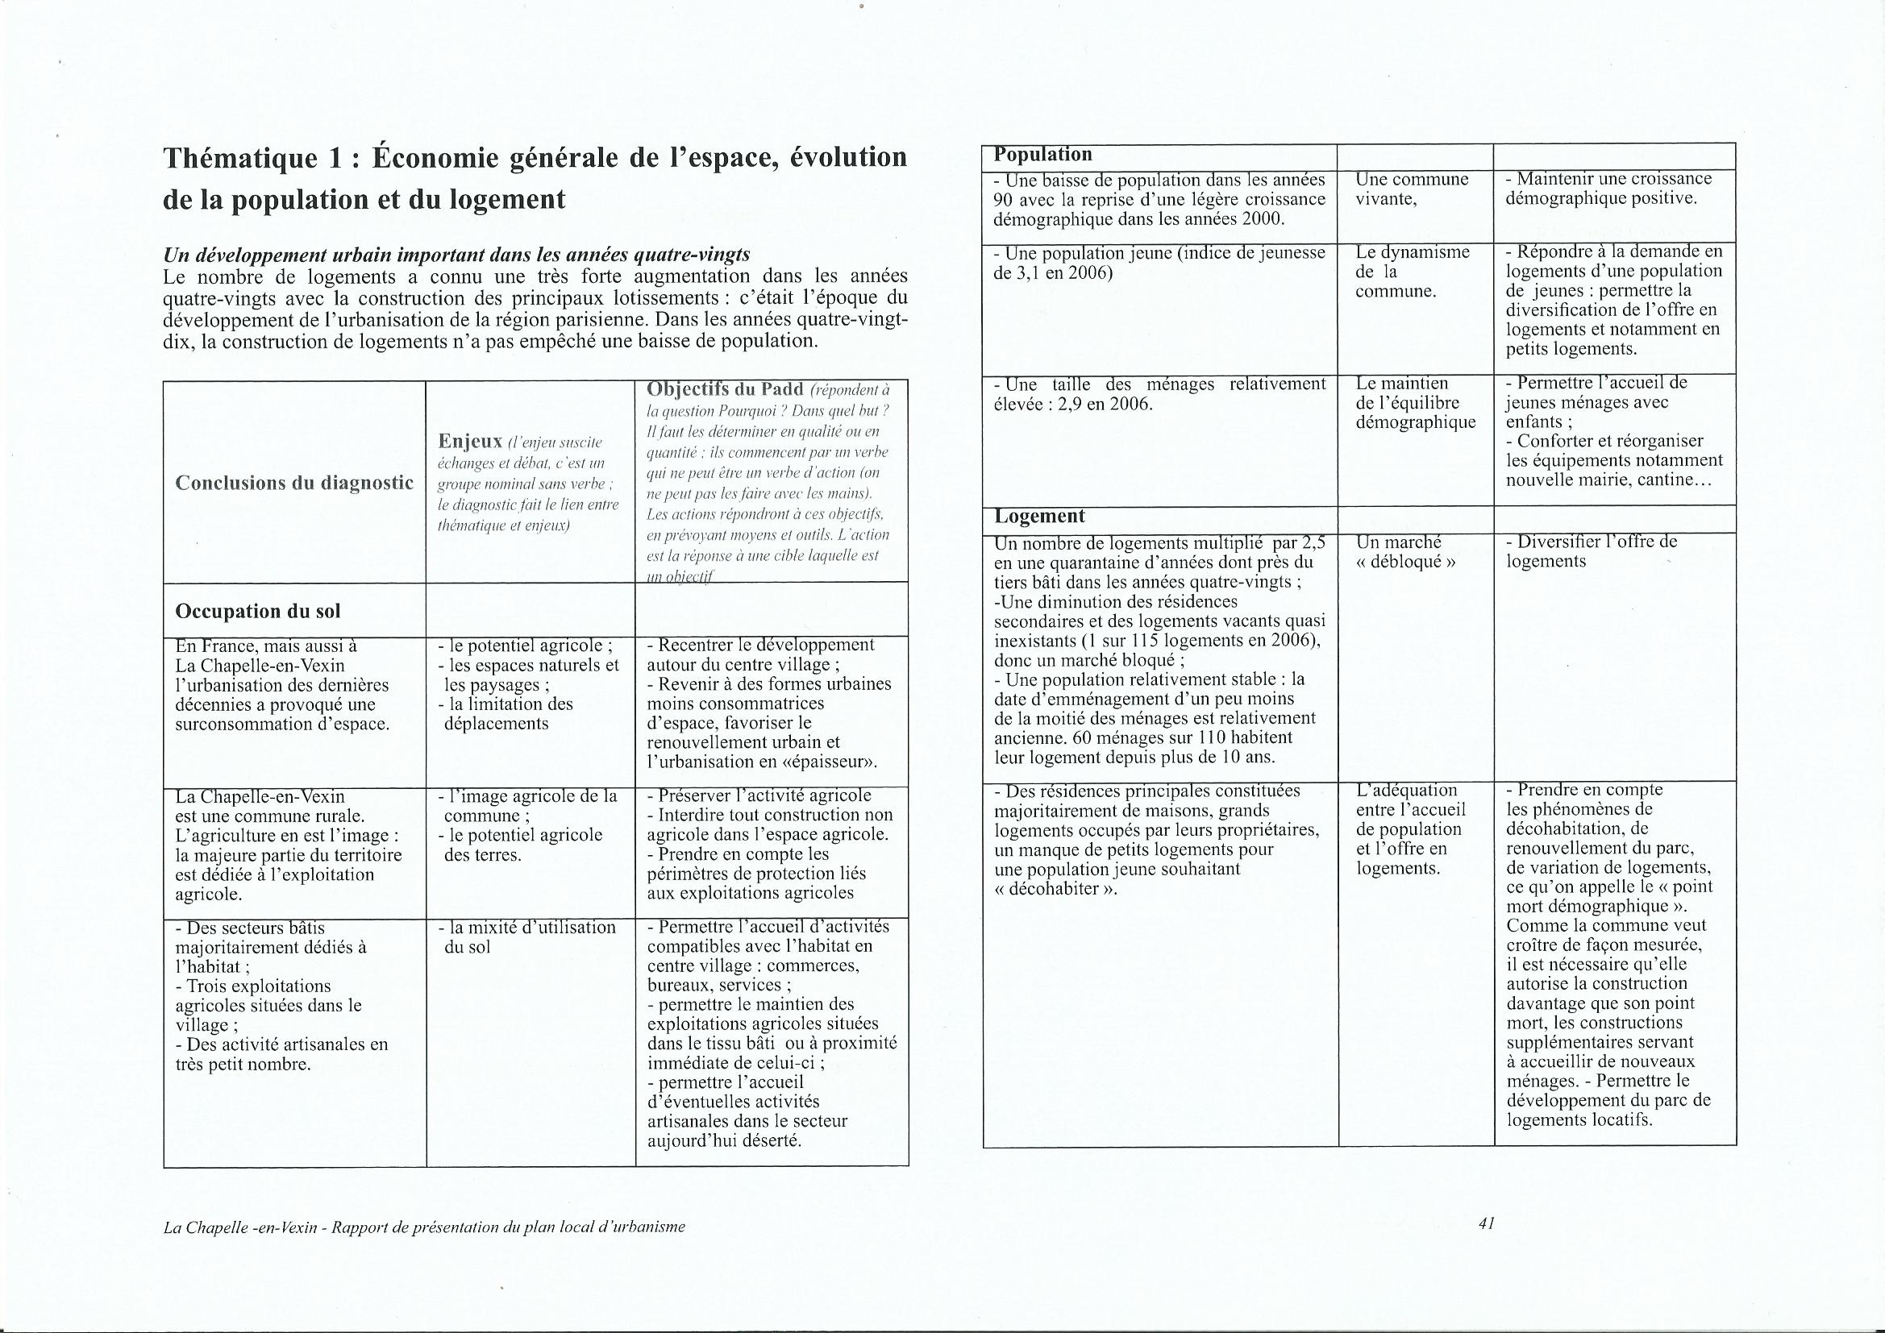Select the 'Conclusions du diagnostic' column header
pyautogui.click(x=294, y=483)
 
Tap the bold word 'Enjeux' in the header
pyautogui.click(x=470, y=442)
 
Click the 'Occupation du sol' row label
pyautogui.click(x=258, y=612)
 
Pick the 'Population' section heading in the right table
pyautogui.click(x=1042, y=154)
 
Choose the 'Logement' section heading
pyautogui.click(x=1039, y=517)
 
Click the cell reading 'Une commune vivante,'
pyautogui.click(x=1411, y=189)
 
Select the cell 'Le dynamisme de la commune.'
pyautogui.click(x=1400, y=272)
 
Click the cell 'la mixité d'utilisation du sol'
pyautogui.click(x=529, y=936)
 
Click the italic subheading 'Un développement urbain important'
pyautogui.click(x=456, y=255)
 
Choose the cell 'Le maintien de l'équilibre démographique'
pyautogui.click(x=1416, y=403)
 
